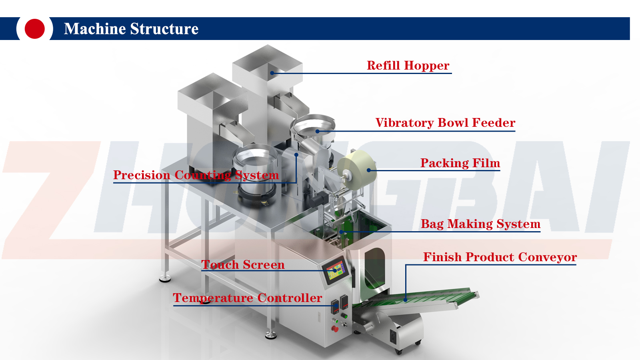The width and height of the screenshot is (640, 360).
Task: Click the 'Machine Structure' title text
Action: pos(131,29)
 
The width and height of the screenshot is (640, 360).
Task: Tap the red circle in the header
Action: pos(34,29)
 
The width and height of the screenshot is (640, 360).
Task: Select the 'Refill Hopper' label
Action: pos(408,66)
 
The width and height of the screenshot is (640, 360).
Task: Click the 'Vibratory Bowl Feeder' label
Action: pos(445,123)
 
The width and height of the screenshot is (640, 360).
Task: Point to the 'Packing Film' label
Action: pos(460,163)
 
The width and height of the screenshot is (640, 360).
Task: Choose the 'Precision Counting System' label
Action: pos(196,175)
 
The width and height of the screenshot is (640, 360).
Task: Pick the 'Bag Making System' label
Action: pos(480,224)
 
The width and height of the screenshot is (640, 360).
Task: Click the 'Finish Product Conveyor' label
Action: pos(500,257)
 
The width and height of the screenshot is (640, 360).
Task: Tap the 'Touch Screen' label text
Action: pos(243,265)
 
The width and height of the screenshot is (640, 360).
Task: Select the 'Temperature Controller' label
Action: pos(247,298)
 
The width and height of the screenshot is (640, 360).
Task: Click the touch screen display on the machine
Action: pos(336,270)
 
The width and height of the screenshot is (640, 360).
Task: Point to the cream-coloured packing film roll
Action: pos(357,169)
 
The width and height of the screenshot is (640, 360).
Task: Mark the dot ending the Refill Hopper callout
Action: pos(272,73)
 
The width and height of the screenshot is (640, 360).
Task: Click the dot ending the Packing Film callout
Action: pos(369,170)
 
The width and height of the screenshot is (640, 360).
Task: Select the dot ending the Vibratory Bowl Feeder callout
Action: pos(317,131)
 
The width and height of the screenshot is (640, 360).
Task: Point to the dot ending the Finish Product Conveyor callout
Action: pos(406,300)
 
